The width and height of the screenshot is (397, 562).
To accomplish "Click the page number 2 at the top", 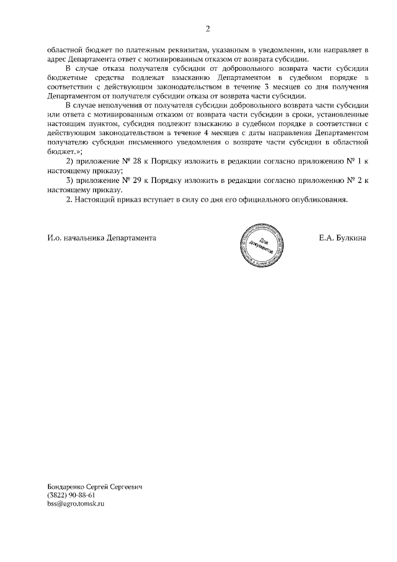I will pos(208,29).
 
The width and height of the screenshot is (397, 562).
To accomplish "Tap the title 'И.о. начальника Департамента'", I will pos(101,238).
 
